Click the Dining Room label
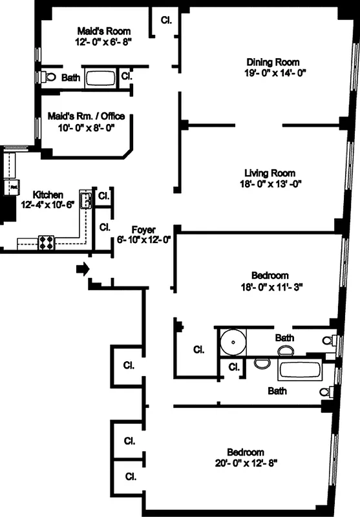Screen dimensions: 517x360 273,62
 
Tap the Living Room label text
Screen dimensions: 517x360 270,173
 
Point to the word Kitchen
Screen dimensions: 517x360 48,195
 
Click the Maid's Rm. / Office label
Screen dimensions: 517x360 86,116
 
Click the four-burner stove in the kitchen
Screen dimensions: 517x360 47,242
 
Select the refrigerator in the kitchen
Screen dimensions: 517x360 12,187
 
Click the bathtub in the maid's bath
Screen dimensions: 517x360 100,78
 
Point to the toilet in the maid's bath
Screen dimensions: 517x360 49,77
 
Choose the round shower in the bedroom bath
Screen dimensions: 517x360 229,340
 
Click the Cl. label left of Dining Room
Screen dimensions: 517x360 166,20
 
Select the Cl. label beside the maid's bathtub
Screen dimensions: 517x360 127,76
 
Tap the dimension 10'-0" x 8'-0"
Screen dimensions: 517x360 86,127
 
